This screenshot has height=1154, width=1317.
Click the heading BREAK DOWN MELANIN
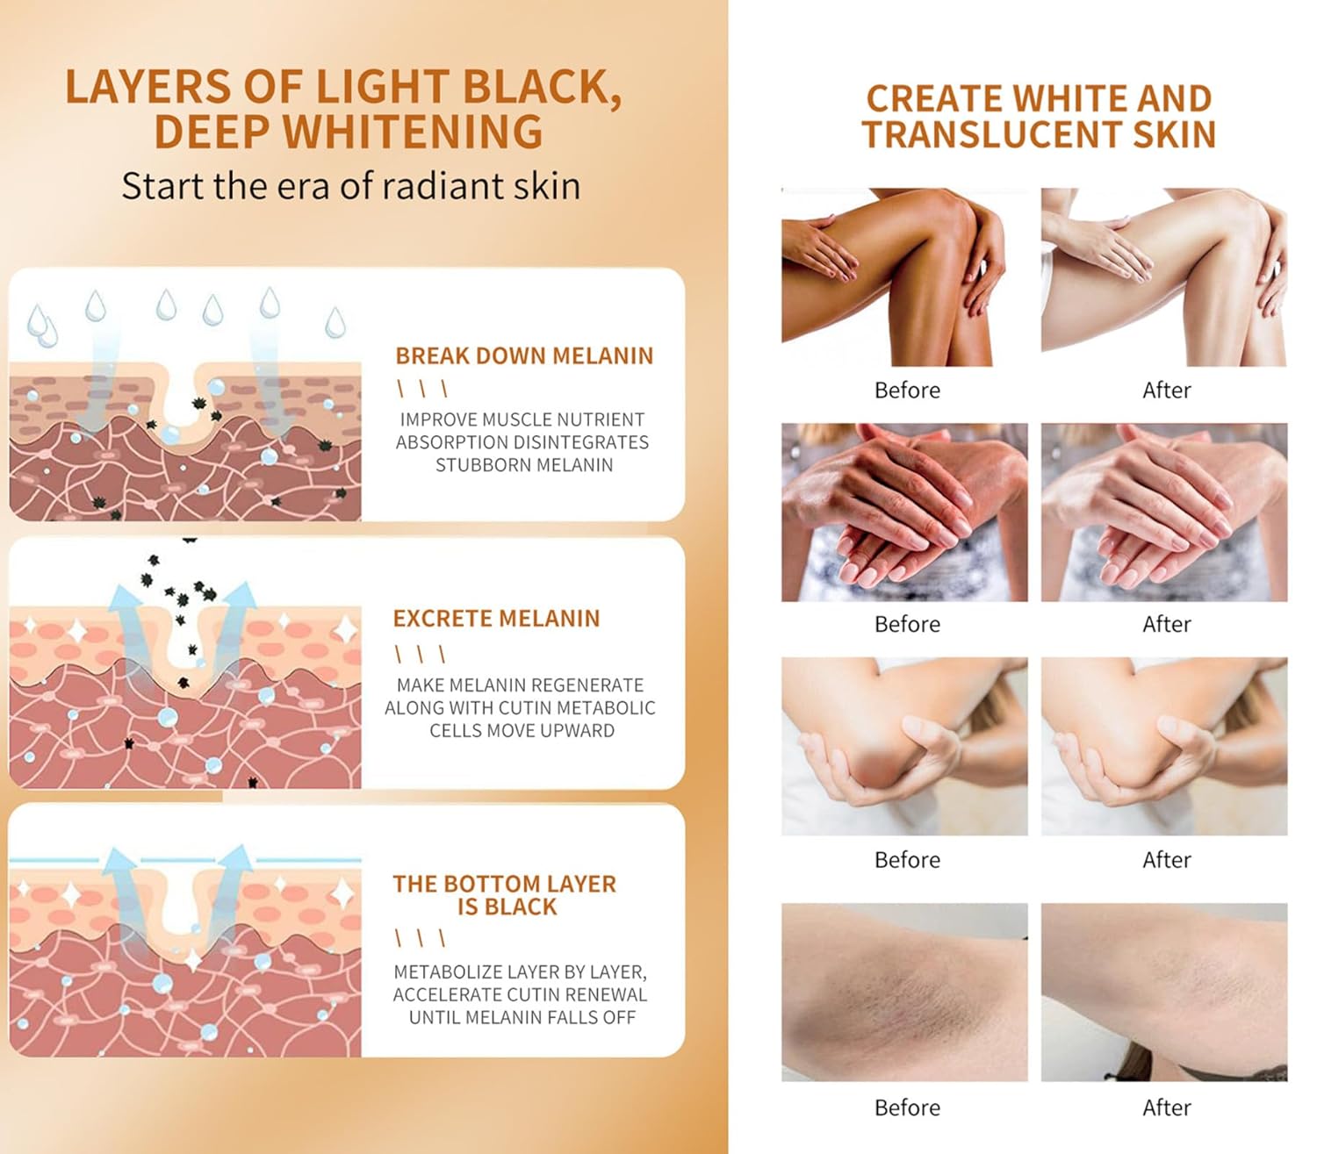coord(524,356)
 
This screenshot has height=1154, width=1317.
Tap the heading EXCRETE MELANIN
coord(496,619)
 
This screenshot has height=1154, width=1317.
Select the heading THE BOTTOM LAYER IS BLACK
coord(505,895)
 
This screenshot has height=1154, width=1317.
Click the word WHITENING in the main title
coord(413,132)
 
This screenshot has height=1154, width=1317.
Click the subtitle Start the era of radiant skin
coord(351,187)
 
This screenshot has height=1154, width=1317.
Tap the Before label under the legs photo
coord(907,390)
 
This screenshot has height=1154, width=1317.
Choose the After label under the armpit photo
coord(1167,1107)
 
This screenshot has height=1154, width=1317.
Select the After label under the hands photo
coord(1167,624)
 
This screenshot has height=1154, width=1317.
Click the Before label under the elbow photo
coord(907,860)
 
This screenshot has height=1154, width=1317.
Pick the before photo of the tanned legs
coord(904,277)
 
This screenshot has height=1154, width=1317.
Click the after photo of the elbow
coord(1164,746)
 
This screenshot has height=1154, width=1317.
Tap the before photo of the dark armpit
coord(904,993)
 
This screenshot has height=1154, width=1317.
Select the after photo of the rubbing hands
coord(1164,512)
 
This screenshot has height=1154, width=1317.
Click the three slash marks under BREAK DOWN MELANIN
coord(422,389)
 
